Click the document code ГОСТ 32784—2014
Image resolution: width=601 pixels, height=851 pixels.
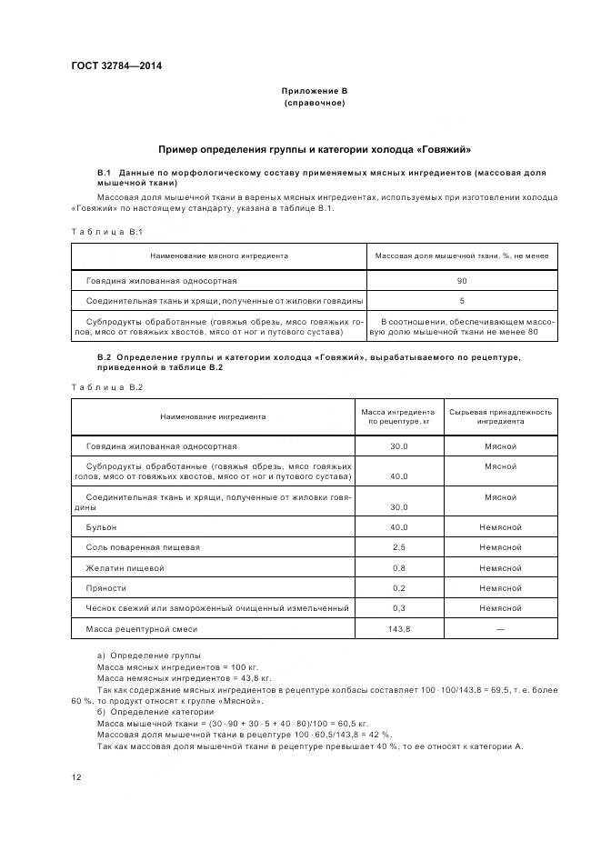pyautogui.click(x=110, y=65)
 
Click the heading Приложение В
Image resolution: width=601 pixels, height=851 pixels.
pyautogui.click(x=314, y=91)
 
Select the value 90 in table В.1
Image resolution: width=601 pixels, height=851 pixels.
pyautogui.click(x=462, y=281)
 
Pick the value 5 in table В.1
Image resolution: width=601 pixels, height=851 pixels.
pyautogui.click(x=462, y=300)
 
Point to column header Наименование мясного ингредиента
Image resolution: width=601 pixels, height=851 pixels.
pyautogui.click(x=219, y=256)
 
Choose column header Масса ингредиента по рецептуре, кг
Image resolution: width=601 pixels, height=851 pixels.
pyautogui.click(x=398, y=416)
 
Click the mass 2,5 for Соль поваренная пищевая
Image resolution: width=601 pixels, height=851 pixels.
pyautogui.click(x=398, y=547)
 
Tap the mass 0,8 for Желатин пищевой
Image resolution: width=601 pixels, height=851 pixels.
pyautogui.click(x=398, y=568)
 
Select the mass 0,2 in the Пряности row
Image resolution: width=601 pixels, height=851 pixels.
pyautogui.click(x=398, y=588)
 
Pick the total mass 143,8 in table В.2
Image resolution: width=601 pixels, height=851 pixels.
pyautogui.click(x=398, y=629)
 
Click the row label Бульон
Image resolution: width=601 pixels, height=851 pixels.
pyautogui.click(x=101, y=527)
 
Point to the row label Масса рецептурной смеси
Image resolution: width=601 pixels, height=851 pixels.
pyautogui.click(x=141, y=629)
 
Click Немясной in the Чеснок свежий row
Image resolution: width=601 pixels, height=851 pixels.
pyautogui.click(x=500, y=608)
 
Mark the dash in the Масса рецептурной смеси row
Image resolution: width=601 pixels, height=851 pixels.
pyautogui.click(x=500, y=629)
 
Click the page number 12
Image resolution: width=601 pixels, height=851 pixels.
pyautogui.click(x=76, y=777)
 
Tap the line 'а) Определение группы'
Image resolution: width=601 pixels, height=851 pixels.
pyautogui.click(x=148, y=656)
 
